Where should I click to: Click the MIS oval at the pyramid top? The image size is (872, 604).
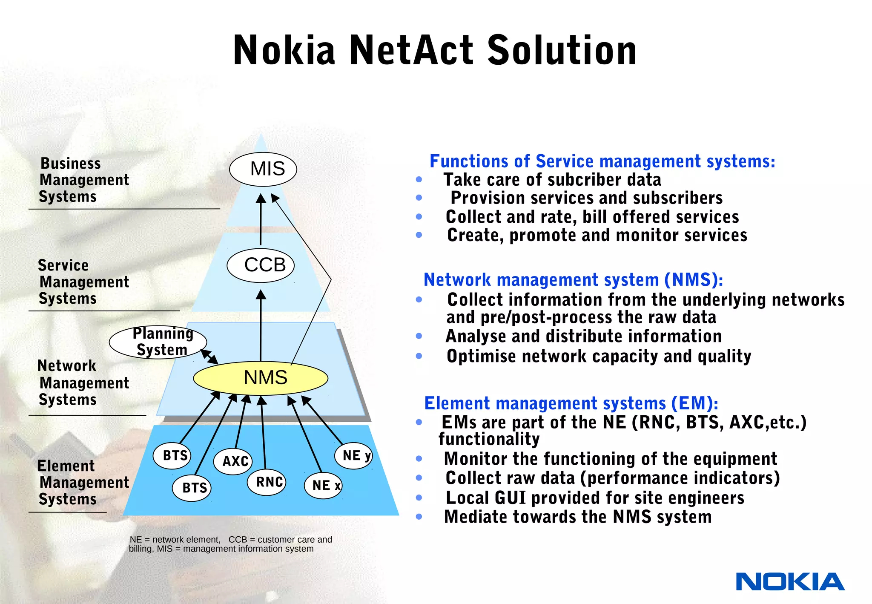pyautogui.click(x=263, y=169)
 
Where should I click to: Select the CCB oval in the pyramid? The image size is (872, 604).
pyautogui.click(x=261, y=265)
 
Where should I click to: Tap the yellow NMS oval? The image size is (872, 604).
pyautogui.click(x=261, y=378)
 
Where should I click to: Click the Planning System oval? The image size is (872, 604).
pyautogui.click(x=158, y=342)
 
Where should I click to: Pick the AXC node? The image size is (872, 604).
pyautogui.click(x=233, y=461)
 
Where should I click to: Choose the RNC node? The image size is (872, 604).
pyautogui.click(x=267, y=482)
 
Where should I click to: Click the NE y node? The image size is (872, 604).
pyautogui.click(x=353, y=456)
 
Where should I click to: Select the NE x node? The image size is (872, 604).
pyautogui.click(x=323, y=486)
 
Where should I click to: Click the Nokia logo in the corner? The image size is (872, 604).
pyautogui.click(x=790, y=582)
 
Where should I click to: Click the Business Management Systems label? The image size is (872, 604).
pyautogui.click(x=83, y=180)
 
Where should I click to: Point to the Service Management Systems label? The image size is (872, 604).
pyautogui.click(x=83, y=282)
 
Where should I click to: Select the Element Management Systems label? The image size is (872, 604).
pyautogui.click(x=83, y=483)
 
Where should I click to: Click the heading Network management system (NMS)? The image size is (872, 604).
pyautogui.click(x=573, y=280)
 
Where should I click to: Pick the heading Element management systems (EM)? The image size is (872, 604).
pyautogui.click(x=571, y=403)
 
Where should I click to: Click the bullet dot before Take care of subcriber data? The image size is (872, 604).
pyautogui.click(x=419, y=180)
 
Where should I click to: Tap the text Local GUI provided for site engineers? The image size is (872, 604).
pyautogui.click(x=595, y=498)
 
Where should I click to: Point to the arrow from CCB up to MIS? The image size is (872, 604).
pyautogui.click(x=261, y=219)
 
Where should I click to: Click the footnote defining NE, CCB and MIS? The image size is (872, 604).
pyautogui.click(x=230, y=544)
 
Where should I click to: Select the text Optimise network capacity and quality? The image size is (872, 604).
pyautogui.click(x=599, y=356)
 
